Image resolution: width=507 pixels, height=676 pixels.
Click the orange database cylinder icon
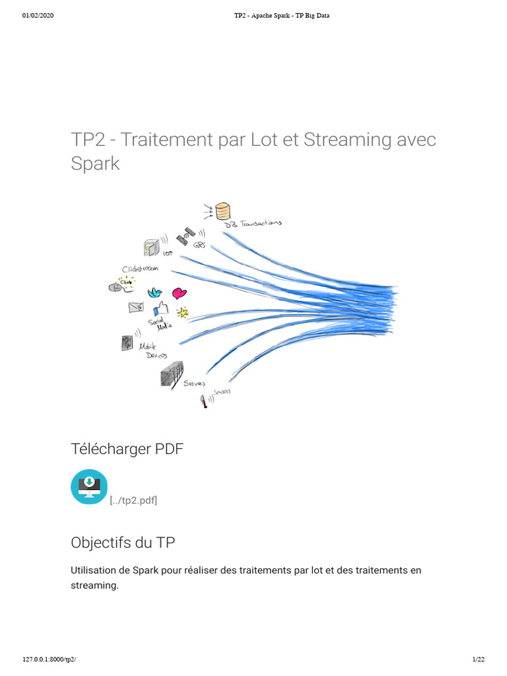[224, 211]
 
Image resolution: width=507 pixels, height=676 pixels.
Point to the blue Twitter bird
[155, 292]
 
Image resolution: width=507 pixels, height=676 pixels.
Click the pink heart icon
[179, 293]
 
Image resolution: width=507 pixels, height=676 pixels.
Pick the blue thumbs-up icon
[160, 308]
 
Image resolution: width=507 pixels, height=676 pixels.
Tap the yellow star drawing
[182, 312]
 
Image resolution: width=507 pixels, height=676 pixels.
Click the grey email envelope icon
[136, 307]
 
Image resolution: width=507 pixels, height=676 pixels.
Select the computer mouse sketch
[115, 287]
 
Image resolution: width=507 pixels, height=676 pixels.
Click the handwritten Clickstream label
[139, 269]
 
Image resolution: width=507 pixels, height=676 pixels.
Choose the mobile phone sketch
[127, 343]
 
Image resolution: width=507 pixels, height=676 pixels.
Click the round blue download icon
[88, 487]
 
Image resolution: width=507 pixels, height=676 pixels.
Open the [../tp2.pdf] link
[133, 500]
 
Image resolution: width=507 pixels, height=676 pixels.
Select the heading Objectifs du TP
[123, 543]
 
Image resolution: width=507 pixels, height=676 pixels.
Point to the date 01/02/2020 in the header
[38, 16]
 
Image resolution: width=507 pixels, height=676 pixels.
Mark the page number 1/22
[479, 659]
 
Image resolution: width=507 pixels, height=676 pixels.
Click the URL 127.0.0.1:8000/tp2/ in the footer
[53, 659]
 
